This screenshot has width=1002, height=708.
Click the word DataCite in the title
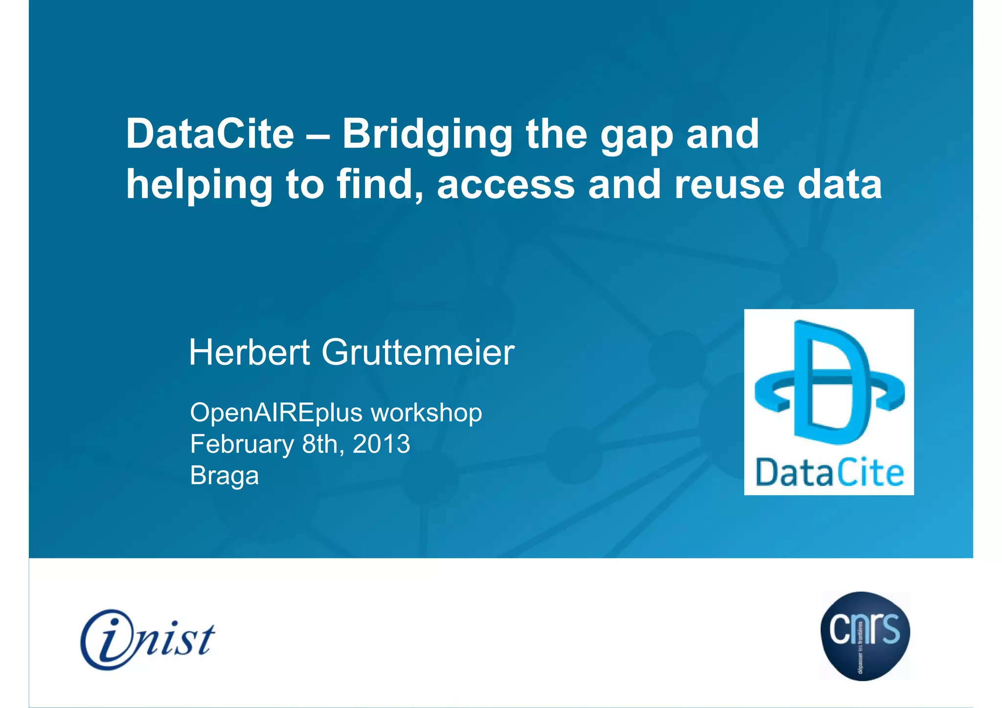[210, 134]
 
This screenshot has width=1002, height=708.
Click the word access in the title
[506, 186]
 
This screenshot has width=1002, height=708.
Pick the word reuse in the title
[729, 186]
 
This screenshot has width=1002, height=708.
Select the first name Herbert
[250, 352]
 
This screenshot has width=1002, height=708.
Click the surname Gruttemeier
[418, 352]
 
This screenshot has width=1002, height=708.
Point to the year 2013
[381, 444]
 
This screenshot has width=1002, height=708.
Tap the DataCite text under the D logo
[829, 473]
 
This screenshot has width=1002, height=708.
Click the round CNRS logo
[865, 635]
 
